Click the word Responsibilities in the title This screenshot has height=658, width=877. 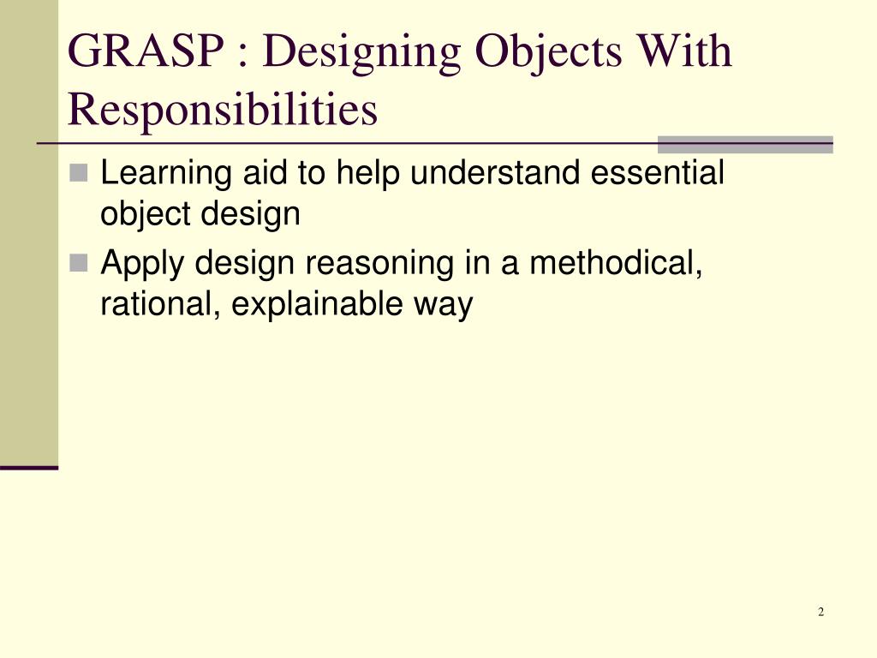click(x=223, y=111)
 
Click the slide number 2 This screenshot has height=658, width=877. click(x=820, y=612)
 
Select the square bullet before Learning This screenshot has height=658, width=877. click(x=80, y=175)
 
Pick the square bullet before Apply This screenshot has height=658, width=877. click(x=80, y=264)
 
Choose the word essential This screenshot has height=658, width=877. click(x=658, y=174)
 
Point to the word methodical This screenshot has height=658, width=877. click(x=615, y=263)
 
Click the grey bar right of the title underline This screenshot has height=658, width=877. click(x=744, y=144)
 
